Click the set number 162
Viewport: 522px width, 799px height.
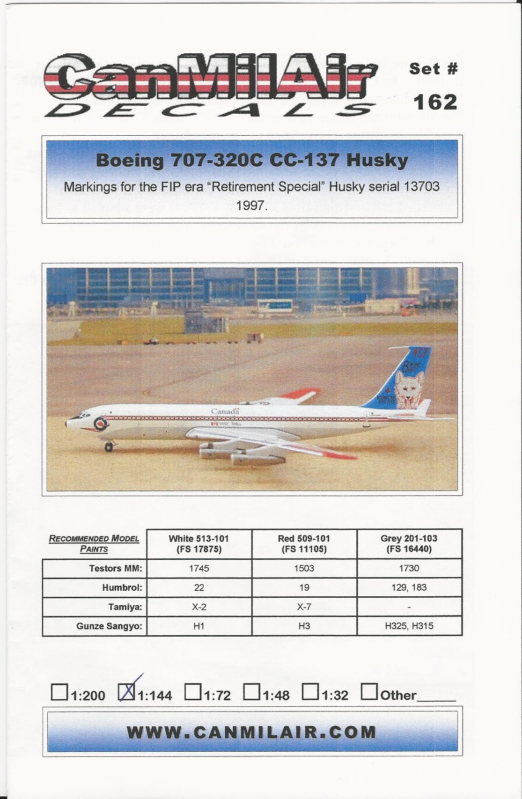click(x=435, y=102)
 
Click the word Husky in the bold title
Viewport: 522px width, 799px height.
click(x=377, y=161)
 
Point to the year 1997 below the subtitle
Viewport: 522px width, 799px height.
click(x=252, y=205)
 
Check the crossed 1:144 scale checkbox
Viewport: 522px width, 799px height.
click(x=126, y=692)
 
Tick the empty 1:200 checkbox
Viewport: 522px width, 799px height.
click(x=59, y=692)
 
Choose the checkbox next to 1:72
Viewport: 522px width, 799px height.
click(x=192, y=692)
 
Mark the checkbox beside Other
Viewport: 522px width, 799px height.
click(x=369, y=692)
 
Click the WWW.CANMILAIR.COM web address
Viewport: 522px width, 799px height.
click(x=252, y=733)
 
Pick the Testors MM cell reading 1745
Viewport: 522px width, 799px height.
click(x=199, y=568)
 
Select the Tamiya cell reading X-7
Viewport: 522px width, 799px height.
click(x=304, y=607)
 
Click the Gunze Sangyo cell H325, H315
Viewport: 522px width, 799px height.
click(x=409, y=626)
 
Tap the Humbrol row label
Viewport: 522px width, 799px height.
click(x=122, y=587)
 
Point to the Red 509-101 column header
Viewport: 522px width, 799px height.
click(x=304, y=543)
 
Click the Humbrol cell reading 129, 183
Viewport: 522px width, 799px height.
click(x=409, y=587)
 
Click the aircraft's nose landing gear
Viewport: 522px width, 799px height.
click(x=109, y=447)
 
